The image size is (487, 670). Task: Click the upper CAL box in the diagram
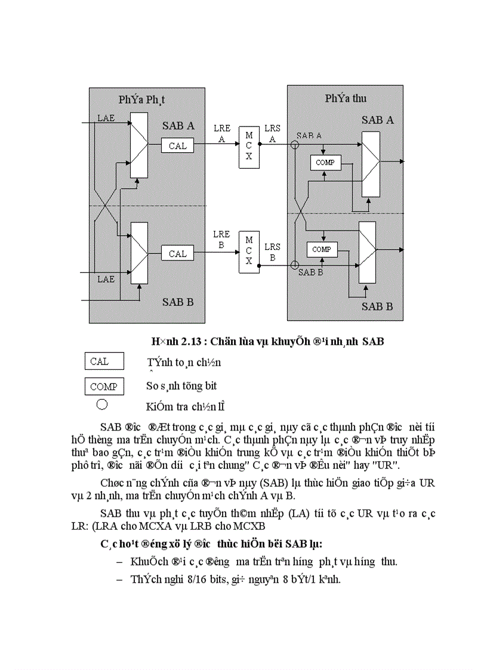[177, 146]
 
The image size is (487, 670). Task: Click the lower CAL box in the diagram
[177, 253]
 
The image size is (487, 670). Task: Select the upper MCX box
[249, 146]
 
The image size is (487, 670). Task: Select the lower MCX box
[249, 253]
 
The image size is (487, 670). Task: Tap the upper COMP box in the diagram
[325, 162]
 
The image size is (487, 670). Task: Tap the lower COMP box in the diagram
[322, 249]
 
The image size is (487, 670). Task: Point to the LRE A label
[221, 134]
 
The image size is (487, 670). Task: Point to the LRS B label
[273, 252]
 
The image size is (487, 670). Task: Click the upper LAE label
[106, 119]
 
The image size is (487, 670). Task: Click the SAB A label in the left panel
[178, 126]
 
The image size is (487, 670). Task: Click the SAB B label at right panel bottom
[377, 307]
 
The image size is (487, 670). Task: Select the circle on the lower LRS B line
[294, 264]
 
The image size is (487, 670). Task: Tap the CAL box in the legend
[104, 361]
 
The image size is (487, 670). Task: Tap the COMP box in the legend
[104, 387]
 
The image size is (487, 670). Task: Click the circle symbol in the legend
[102, 404]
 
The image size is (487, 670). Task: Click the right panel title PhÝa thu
[346, 98]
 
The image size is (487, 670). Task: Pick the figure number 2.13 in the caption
[190, 342]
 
